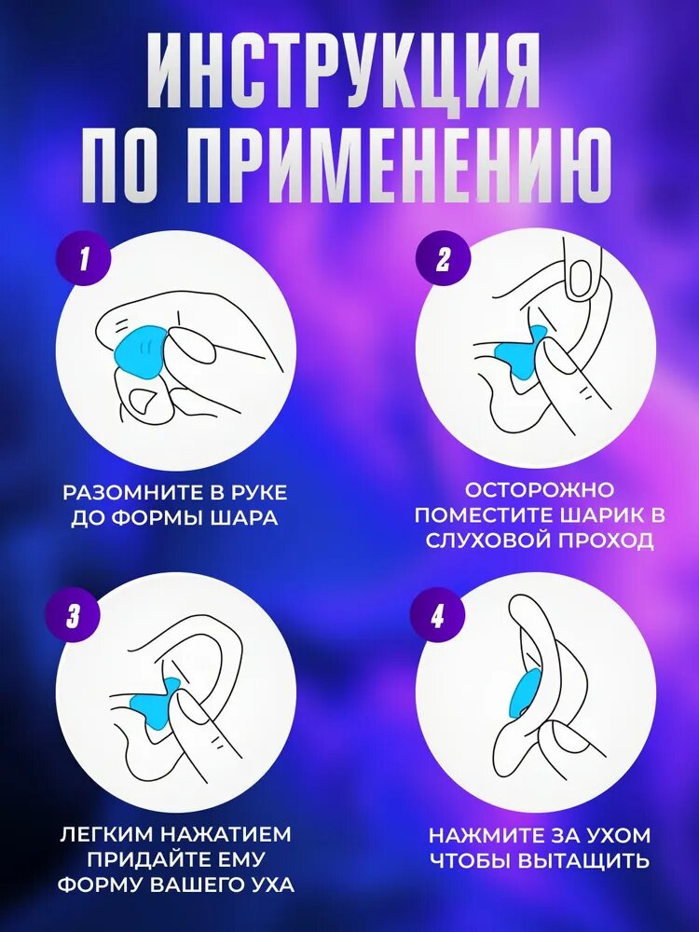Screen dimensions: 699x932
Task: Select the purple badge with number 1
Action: (x=84, y=260)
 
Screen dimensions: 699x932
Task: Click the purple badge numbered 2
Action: (x=443, y=260)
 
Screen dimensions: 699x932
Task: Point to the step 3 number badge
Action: (x=74, y=616)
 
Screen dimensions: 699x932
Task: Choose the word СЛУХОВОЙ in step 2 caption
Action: (x=485, y=541)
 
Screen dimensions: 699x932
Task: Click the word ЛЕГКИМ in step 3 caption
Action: (x=106, y=834)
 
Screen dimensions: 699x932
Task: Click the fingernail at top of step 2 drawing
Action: (x=580, y=277)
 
